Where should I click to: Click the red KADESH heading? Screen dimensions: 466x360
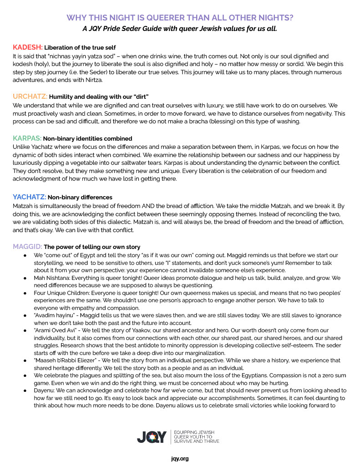[x=27, y=47]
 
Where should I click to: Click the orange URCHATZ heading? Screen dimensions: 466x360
[x=30, y=96]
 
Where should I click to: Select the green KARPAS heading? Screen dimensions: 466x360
[x=27, y=138]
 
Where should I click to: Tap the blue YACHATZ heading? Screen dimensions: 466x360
[x=29, y=197]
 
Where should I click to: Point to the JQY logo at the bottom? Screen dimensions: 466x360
[x=153, y=437]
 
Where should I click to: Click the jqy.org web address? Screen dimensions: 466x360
[x=180, y=458]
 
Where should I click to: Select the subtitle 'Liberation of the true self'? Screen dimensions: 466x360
[x=80, y=48]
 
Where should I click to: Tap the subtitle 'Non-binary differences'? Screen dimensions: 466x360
[x=80, y=198]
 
